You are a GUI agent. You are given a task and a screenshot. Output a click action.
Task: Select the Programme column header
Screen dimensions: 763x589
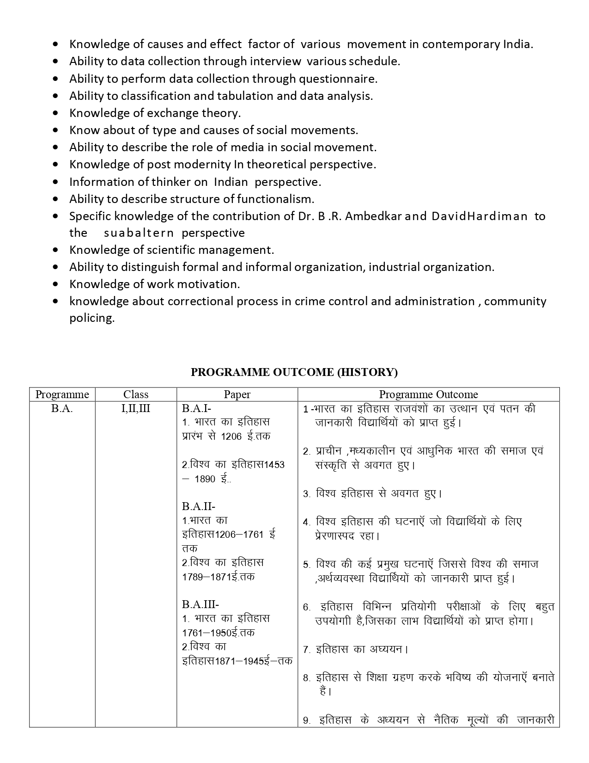click(62, 394)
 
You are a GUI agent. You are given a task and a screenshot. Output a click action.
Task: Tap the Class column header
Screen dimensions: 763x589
click(136, 394)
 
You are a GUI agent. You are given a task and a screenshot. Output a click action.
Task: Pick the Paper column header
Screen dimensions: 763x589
click(237, 394)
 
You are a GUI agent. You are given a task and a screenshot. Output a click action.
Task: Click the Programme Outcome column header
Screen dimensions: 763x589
click(428, 394)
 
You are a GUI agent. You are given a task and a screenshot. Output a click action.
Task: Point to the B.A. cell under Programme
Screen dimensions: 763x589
click(62, 409)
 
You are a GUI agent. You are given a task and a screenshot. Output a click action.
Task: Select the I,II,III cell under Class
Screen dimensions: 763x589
click(136, 409)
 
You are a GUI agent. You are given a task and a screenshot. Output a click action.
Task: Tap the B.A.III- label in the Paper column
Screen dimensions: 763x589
click(200, 604)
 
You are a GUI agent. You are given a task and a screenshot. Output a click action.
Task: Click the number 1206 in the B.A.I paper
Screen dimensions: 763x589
click(231, 436)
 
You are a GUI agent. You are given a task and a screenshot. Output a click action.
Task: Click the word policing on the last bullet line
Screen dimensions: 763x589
click(92, 318)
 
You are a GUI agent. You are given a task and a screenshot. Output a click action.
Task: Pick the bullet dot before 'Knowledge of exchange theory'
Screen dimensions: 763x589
click(56, 113)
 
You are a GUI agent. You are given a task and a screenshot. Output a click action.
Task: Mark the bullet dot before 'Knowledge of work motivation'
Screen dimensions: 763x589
click(56, 284)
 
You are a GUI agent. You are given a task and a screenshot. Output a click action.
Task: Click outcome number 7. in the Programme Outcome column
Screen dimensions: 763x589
click(307, 650)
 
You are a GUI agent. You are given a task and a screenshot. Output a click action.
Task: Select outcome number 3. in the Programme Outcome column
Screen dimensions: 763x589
click(307, 494)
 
